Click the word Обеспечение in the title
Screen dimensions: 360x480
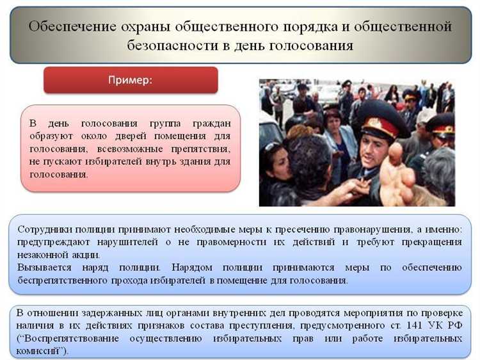(70, 26)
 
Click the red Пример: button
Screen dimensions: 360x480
(130, 81)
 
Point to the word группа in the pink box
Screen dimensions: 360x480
(150, 122)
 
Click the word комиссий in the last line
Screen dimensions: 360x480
(40, 351)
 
